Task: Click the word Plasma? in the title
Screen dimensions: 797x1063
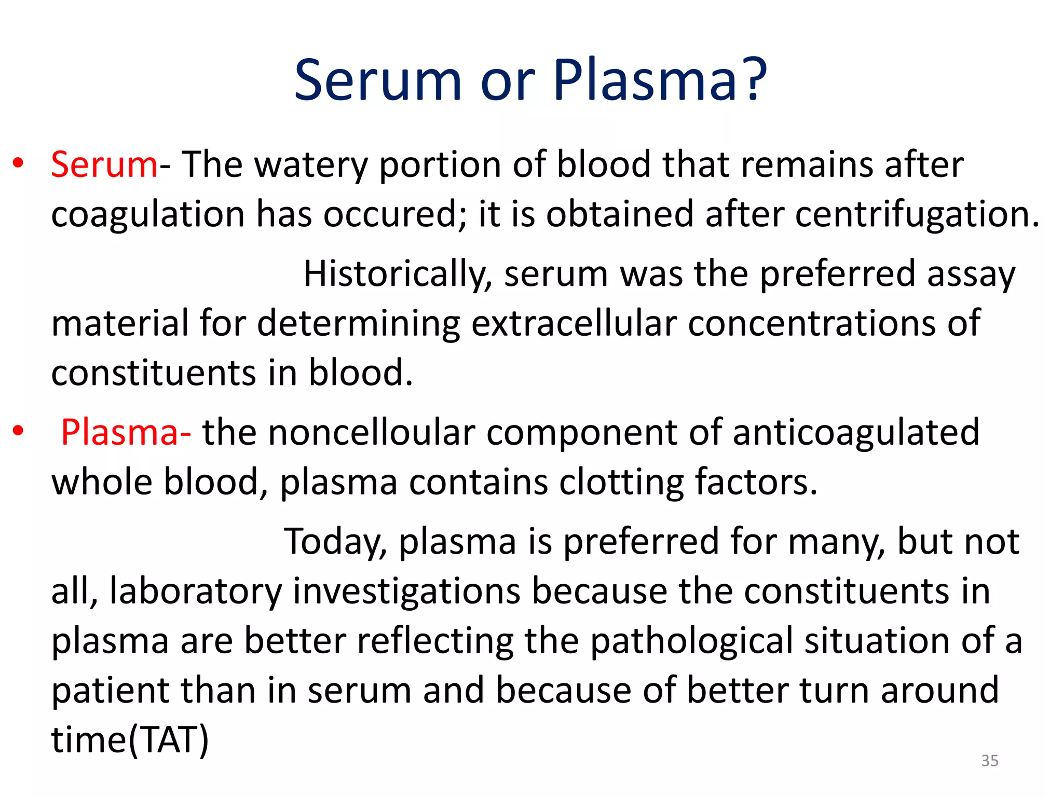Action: point(659,80)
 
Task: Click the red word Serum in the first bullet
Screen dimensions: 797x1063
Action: point(104,164)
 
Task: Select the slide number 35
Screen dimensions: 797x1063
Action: point(990,761)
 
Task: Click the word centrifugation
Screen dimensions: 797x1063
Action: point(917,214)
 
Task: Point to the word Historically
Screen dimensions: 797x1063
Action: point(398,274)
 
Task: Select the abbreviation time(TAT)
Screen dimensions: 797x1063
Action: point(130,739)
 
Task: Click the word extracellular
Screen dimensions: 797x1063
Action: point(574,323)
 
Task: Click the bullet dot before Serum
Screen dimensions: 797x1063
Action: point(19,163)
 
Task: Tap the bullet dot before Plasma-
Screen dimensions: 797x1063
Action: point(19,431)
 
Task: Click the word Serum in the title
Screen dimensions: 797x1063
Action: point(377,80)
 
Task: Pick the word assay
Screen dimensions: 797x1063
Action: point(971,274)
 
